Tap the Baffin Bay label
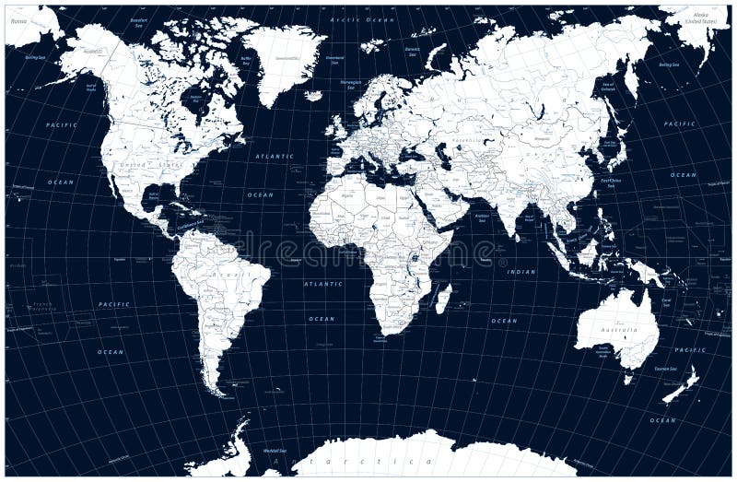coord(246,60)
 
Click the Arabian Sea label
coord(482,217)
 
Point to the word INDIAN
coord(521,272)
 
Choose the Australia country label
coord(619,329)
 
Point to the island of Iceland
coord(314,95)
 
